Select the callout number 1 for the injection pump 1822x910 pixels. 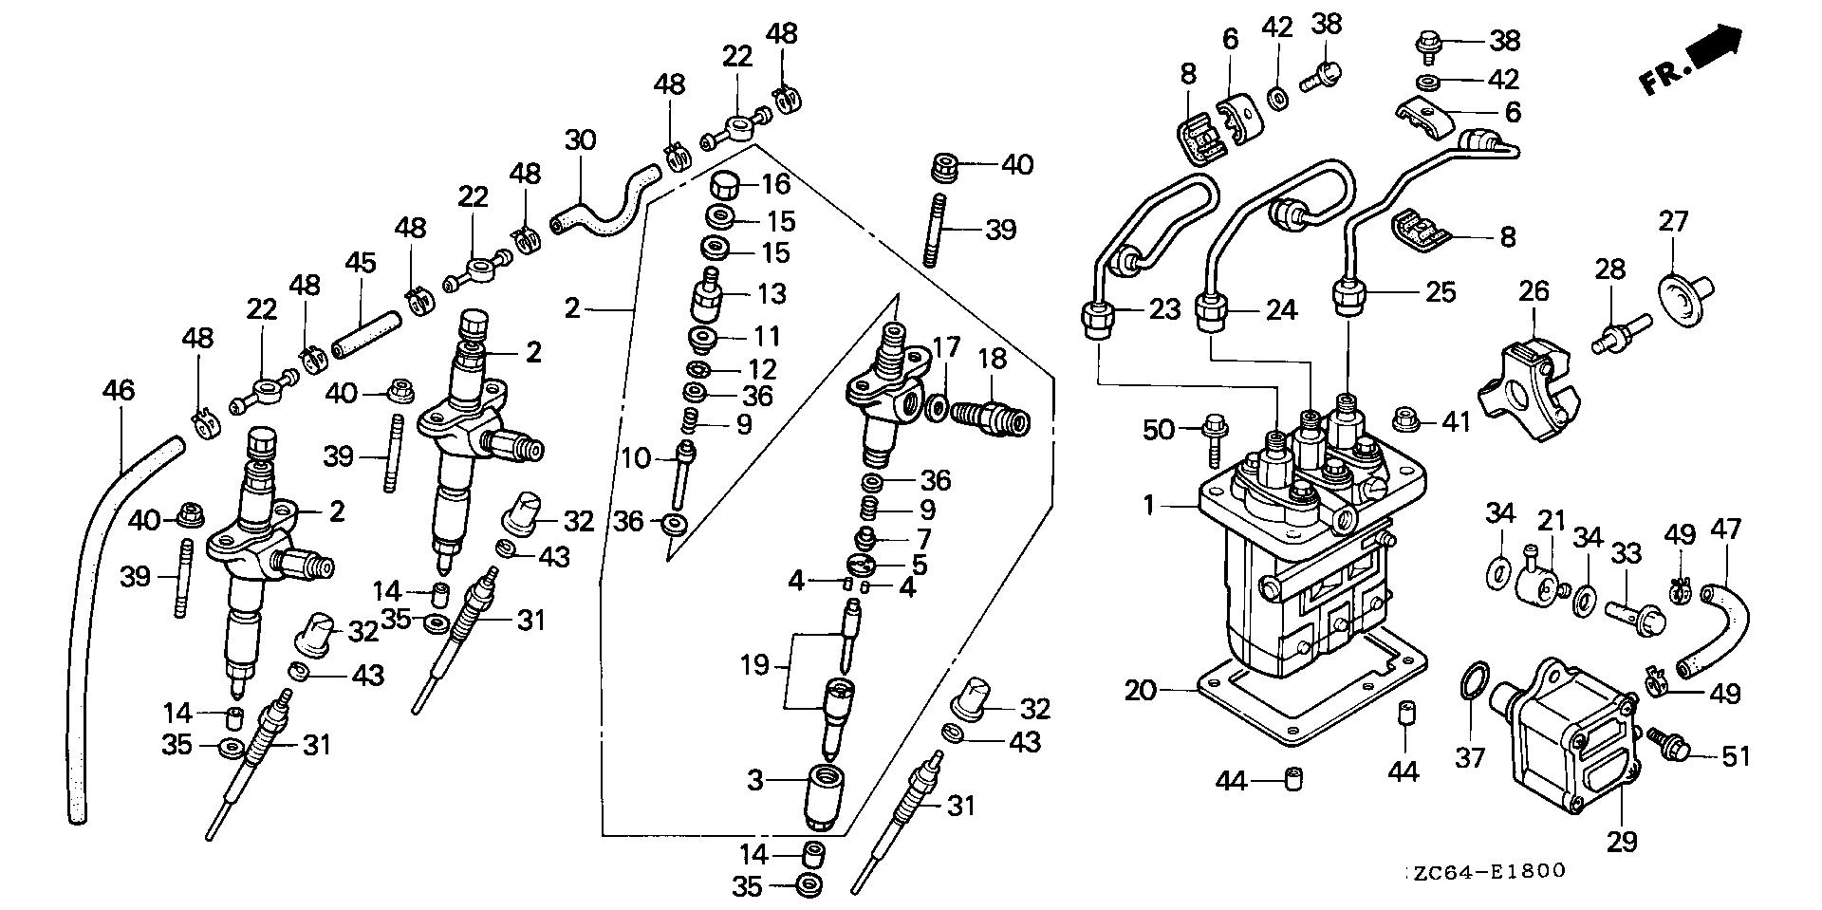[x=1150, y=505]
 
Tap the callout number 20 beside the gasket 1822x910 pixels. [x=1142, y=690]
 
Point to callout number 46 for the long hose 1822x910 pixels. [x=119, y=390]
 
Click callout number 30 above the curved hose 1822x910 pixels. [x=581, y=140]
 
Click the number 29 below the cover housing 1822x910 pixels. [x=1622, y=841]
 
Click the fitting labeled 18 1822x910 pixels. [x=992, y=418]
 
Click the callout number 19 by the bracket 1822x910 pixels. [x=754, y=665]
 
